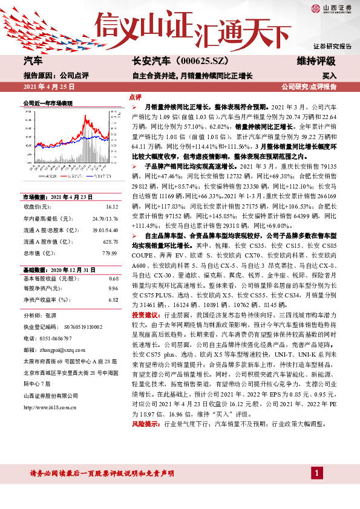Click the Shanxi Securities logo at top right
pyautogui.click(x=332, y=9)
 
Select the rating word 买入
pyautogui.click(x=328, y=76)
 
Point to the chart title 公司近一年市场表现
pyautogui.click(x=48, y=103)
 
